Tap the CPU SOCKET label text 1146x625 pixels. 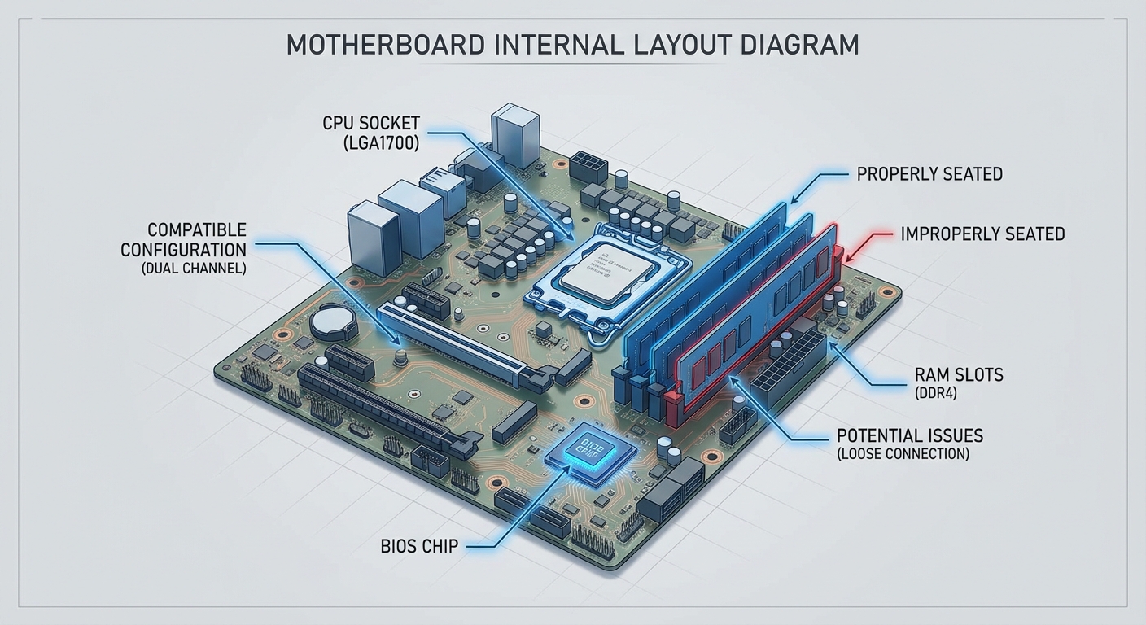tap(371, 124)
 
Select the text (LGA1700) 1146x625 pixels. tap(381, 143)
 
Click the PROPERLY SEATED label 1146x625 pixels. tap(929, 174)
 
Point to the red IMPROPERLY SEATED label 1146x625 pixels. tap(982, 234)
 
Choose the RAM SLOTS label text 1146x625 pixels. tap(959, 375)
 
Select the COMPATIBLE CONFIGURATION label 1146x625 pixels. tap(184, 239)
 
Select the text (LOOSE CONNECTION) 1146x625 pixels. tap(903, 454)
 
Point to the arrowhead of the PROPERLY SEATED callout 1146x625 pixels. tap(794, 200)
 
